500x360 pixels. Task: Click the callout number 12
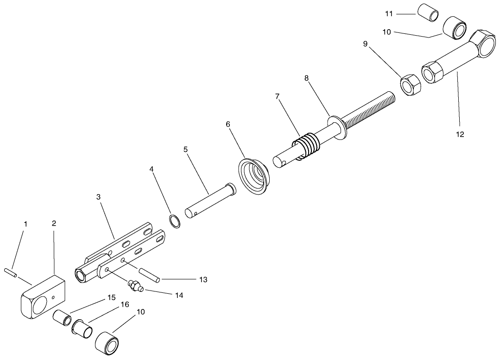coord(460,135)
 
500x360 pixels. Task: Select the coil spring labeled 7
coord(308,145)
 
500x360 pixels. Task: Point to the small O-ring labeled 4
coord(174,221)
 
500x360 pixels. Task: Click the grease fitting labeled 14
coord(136,285)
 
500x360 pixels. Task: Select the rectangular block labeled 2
coord(43,297)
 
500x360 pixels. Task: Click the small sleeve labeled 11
coord(429,13)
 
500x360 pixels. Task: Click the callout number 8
coord(307,78)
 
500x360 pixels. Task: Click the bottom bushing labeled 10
coord(108,343)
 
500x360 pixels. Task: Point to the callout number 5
coord(185,150)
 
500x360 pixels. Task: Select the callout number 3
coord(98,197)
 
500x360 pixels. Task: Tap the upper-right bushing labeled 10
coord(456,28)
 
